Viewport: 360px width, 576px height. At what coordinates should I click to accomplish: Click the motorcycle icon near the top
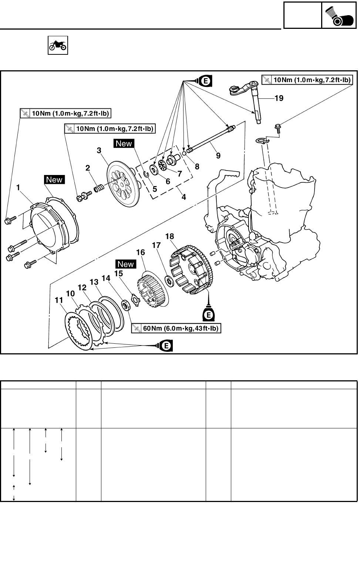pos(58,45)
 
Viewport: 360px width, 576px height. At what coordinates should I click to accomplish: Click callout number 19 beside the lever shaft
pos(279,98)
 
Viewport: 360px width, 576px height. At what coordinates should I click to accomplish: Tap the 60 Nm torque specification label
pos(176,328)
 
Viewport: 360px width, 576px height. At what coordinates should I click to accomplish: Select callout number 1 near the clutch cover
pos(18,188)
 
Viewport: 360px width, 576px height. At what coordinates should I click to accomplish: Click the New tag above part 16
pos(125,264)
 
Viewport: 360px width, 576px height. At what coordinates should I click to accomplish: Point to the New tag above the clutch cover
pos(54,180)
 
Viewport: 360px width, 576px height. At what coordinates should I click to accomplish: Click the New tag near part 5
pos(124,144)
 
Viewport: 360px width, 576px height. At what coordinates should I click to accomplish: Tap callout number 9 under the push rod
pos(218,156)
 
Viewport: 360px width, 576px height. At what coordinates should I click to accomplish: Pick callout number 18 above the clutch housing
pos(169,236)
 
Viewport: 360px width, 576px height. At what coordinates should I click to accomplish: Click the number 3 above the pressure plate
pos(99,151)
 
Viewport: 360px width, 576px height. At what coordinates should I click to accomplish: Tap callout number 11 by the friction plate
pos(59,300)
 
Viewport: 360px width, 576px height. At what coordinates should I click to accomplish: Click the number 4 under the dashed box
pos(184,197)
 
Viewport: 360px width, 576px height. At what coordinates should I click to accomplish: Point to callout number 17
pos(156,245)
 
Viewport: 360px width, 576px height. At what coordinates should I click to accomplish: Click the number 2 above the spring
pos(88,168)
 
